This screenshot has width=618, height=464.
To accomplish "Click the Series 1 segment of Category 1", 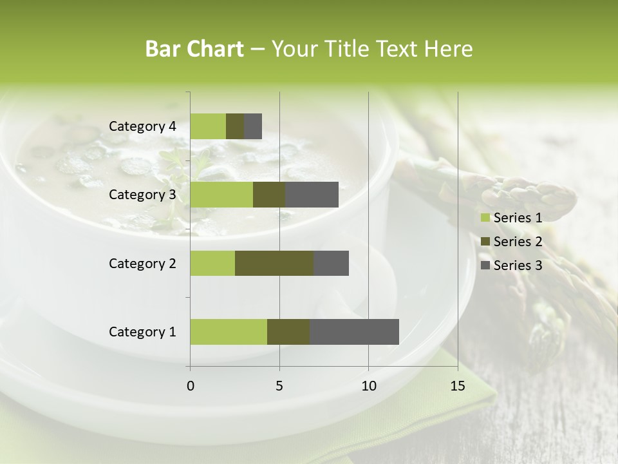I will (x=229, y=332).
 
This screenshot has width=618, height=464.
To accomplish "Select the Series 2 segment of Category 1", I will (x=288, y=332).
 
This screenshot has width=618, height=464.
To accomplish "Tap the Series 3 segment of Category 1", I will (x=354, y=332).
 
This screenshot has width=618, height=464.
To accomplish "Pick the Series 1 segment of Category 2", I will (x=212, y=263).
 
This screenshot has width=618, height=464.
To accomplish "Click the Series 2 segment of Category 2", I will (x=274, y=263).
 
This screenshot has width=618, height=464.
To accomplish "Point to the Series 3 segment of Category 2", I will (x=331, y=263).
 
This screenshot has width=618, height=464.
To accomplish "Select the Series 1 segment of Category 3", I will (x=221, y=195).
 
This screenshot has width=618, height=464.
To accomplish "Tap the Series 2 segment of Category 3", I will (x=269, y=195).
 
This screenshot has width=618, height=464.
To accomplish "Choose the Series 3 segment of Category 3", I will (x=312, y=195).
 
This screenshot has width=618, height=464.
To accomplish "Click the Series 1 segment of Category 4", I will (x=208, y=126).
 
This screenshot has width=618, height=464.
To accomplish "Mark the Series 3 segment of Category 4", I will (x=253, y=126).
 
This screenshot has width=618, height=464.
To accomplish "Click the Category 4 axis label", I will (x=142, y=126).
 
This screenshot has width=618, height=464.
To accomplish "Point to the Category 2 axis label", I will (x=142, y=263).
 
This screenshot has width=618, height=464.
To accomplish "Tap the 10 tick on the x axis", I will (x=368, y=386).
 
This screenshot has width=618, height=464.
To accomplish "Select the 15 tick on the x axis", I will (x=458, y=386).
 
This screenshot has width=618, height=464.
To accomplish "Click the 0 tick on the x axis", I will (x=190, y=386).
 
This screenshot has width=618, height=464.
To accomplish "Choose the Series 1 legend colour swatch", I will (x=485, y=218).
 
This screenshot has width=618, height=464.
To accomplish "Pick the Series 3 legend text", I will (x=518, y=266).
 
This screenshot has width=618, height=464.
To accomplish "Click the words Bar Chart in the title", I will (x=194, y=49).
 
